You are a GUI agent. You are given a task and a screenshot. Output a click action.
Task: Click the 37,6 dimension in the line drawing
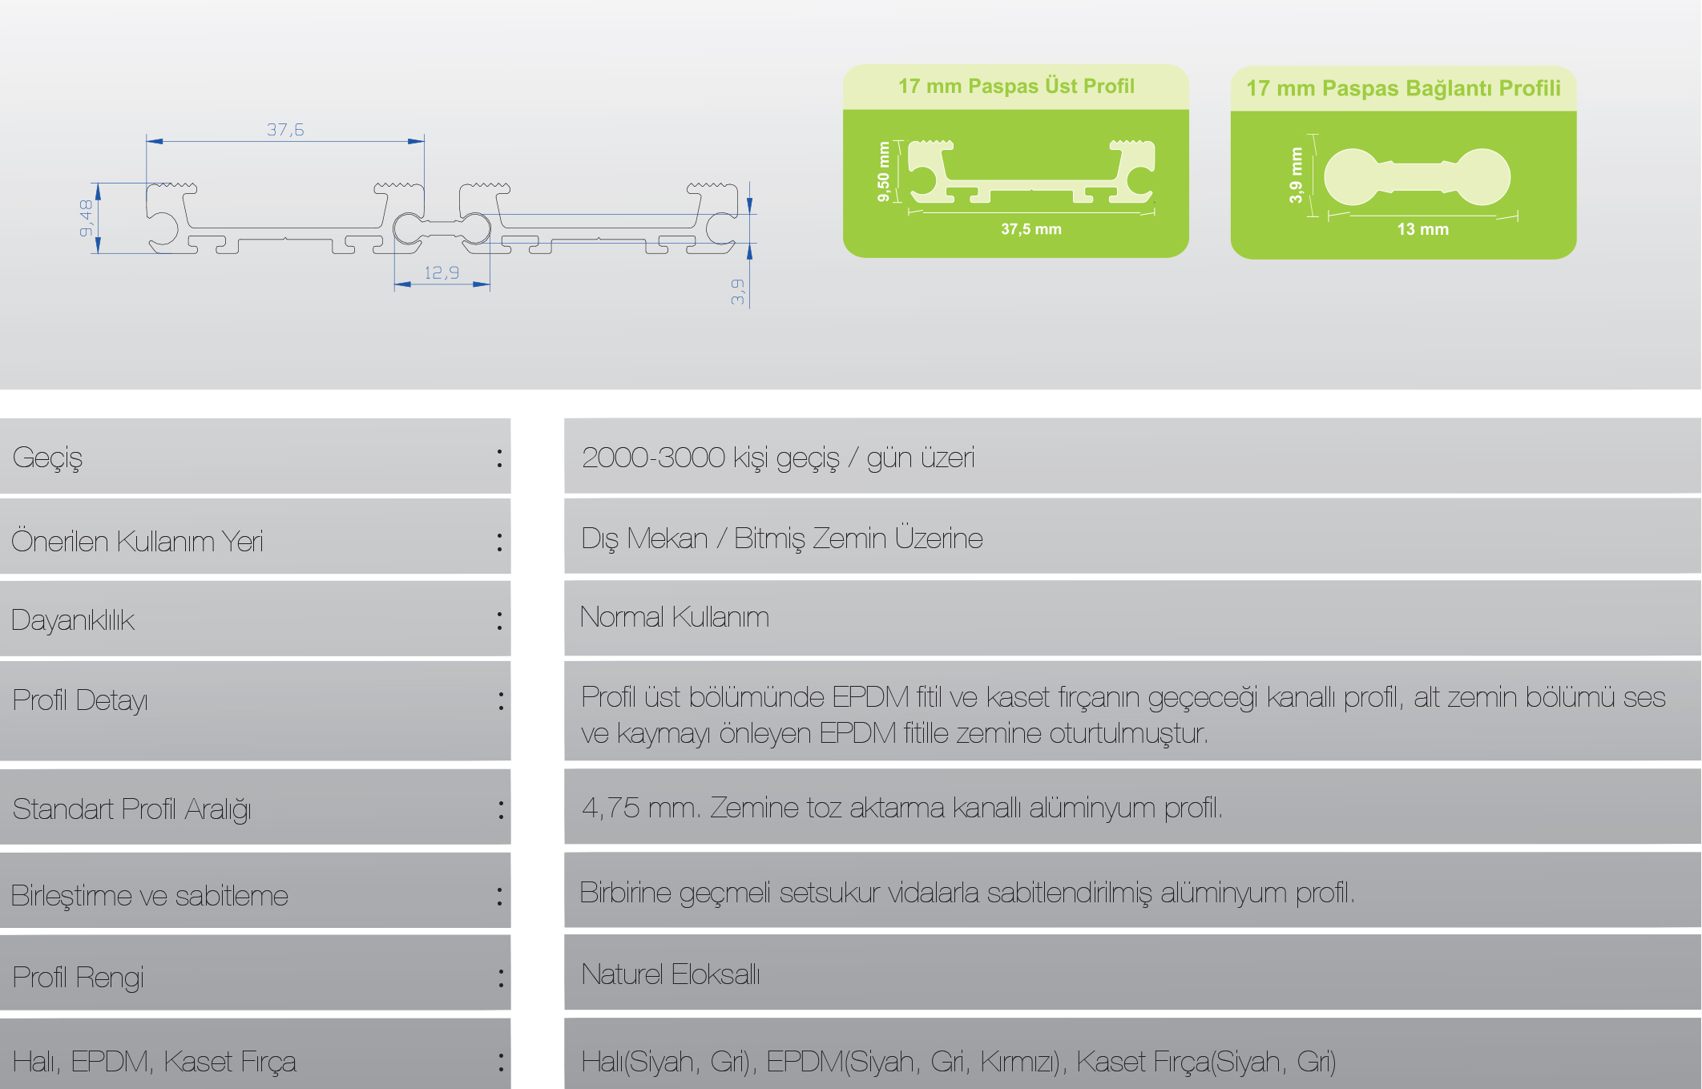click(285, 130)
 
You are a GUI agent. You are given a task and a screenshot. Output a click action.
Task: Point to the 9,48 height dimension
click(86, 218)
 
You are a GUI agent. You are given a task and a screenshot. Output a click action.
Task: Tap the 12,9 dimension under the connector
click(442, 273)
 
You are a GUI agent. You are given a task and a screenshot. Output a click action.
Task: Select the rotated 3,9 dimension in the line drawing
click(737, 292)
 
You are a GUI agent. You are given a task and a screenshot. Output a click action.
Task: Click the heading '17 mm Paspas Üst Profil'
click(1016, 87)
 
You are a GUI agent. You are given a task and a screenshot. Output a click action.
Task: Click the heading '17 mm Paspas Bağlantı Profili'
click(1403, 88)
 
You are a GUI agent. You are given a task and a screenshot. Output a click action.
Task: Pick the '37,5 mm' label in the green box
click(1030, 229)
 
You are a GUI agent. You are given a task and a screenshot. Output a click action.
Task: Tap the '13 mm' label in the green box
click(1422, 229)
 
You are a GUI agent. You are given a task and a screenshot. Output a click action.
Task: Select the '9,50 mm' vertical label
click(884, 171)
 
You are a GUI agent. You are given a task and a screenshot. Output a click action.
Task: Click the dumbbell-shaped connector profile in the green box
click(1417, 177)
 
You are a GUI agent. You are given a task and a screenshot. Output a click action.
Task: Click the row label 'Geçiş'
click(48, 458)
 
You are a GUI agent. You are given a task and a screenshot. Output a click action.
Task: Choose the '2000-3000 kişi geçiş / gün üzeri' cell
click(777, 458)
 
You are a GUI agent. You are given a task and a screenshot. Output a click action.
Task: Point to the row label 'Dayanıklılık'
click(73, 620)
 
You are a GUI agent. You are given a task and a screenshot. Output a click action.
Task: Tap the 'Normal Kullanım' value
click(674, 617)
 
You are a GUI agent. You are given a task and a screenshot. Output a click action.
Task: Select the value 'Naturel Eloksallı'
click(670, 974)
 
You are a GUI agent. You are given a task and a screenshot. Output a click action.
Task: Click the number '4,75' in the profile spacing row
click(610, 808)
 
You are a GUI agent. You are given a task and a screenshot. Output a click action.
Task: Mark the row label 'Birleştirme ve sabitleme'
click(150, 895)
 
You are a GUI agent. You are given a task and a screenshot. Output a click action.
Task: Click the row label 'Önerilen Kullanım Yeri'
click(137, 542)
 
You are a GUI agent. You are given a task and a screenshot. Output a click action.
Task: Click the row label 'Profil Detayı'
click(80, 701)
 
